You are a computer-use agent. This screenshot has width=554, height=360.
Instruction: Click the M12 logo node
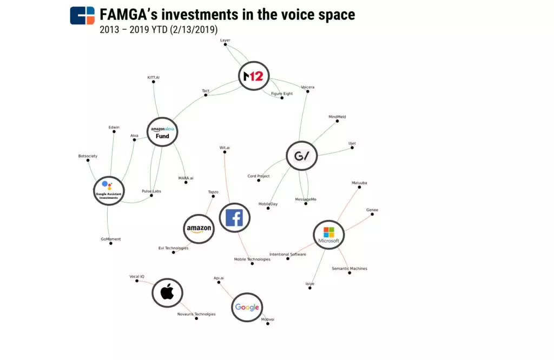[x=253, y=77]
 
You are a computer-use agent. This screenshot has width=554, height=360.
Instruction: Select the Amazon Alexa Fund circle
[x=162, y=132]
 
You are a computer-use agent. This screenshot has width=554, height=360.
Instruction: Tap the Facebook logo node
[x=234, y=218]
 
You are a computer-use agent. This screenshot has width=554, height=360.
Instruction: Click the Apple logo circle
[x=167, y=293]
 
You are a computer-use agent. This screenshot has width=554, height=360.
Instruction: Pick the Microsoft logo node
[x=329, y=235]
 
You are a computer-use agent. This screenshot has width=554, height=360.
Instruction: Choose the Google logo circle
[x=247, y=308]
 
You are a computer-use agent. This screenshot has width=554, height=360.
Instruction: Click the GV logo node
[x=301, y=156]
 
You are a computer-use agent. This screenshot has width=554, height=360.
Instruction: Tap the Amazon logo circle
[x=199, y=229]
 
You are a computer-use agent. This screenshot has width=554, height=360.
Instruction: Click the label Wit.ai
[x=225, y=148]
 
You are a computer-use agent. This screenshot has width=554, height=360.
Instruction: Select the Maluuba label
[x=359, y=183]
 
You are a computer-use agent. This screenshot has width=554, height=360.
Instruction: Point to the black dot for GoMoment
[x=111, y=244]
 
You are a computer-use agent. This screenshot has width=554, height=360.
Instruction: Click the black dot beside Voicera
[x=308, y=91]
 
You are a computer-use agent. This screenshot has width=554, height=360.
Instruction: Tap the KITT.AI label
[x=154, y=77]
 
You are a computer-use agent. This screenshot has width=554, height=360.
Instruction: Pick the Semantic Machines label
[x=349, y=268]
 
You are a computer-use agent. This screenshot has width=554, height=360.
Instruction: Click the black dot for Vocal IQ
[x=137, y=281]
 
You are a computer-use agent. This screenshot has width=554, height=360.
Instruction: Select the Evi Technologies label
[x=173, y=248]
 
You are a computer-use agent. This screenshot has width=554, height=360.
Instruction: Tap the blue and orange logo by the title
[x=82, y=16]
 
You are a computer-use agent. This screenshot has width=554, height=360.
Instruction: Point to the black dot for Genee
[x=372, y=215]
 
